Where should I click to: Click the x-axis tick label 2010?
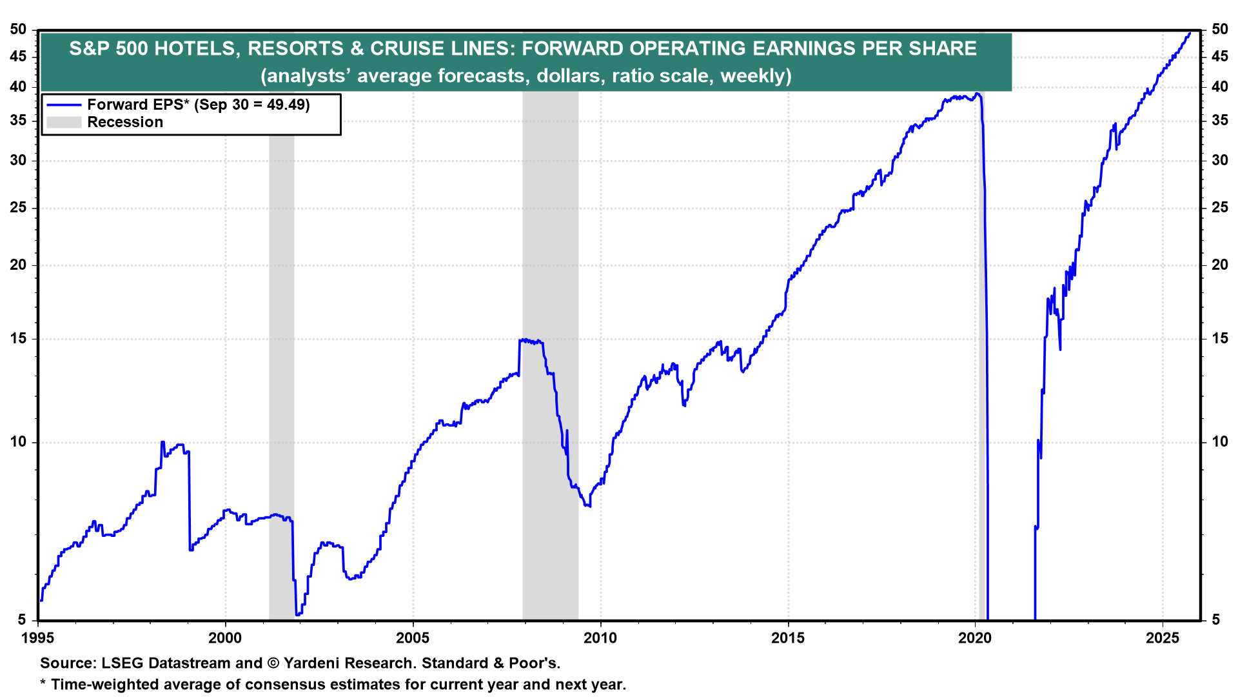tap(600, 638)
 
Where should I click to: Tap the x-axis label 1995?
tap(38, 638)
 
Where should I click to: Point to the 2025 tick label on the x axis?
tap(1162, 638)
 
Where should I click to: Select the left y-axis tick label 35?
tap(19, 121)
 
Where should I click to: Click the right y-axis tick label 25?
tap(1219, 208)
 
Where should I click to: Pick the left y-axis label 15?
tap(19, 338)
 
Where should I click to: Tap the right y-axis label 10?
tap(1219, 442)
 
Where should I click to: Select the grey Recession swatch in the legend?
tap(64, 123)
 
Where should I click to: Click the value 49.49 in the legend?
tap(287, 105)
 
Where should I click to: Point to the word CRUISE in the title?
tap(407, 48)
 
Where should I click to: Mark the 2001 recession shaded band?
tap(281, 387)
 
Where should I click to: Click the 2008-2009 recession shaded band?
tap(550, 387)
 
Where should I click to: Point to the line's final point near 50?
tap(1190, 33)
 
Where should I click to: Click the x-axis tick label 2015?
tap(787, 638)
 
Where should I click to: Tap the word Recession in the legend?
tap(125, 123)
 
